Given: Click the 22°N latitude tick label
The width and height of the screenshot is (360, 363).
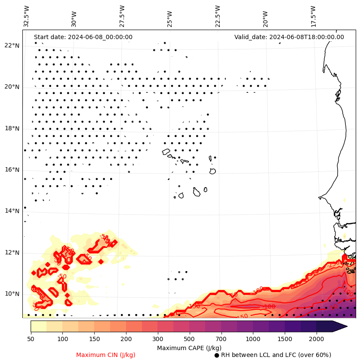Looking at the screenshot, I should click(11, 46).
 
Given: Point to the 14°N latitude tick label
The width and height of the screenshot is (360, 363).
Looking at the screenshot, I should click(11, 211).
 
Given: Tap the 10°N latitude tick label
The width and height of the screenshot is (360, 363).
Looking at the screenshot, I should click(11, 294).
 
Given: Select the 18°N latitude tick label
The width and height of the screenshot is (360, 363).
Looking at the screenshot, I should click(11, 128).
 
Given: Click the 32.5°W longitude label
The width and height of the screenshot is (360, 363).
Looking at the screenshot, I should click(27, 16).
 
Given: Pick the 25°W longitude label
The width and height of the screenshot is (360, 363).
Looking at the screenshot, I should click(170, 18).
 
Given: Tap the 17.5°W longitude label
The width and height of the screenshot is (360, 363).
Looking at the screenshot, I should click(313, 16).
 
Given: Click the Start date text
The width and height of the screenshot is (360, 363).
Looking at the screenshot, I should click(83, 37).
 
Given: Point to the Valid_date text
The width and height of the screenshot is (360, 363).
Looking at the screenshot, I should click(289, 37).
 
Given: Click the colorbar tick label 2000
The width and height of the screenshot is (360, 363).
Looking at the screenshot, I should click(317, 339).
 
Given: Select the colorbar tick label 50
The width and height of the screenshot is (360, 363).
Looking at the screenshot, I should click(31, 339).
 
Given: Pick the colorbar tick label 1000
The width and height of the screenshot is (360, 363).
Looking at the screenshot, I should click(253, 339).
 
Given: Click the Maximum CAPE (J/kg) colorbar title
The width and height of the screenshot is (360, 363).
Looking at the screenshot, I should click(189, 348).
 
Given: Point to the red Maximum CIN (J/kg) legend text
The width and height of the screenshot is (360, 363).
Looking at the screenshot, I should click(105, 355).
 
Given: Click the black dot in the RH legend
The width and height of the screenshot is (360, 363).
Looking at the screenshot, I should click(217, 355).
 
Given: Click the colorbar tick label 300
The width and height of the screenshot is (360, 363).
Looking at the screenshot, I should click(158, 339).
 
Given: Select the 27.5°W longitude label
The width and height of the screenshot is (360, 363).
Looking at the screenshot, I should click(122, 16).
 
